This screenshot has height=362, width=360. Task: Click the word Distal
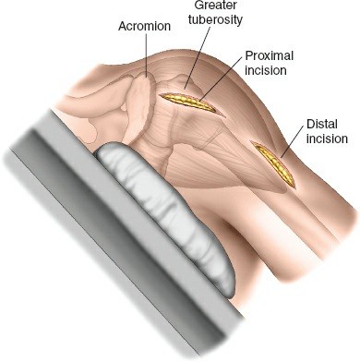click(326, 123)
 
